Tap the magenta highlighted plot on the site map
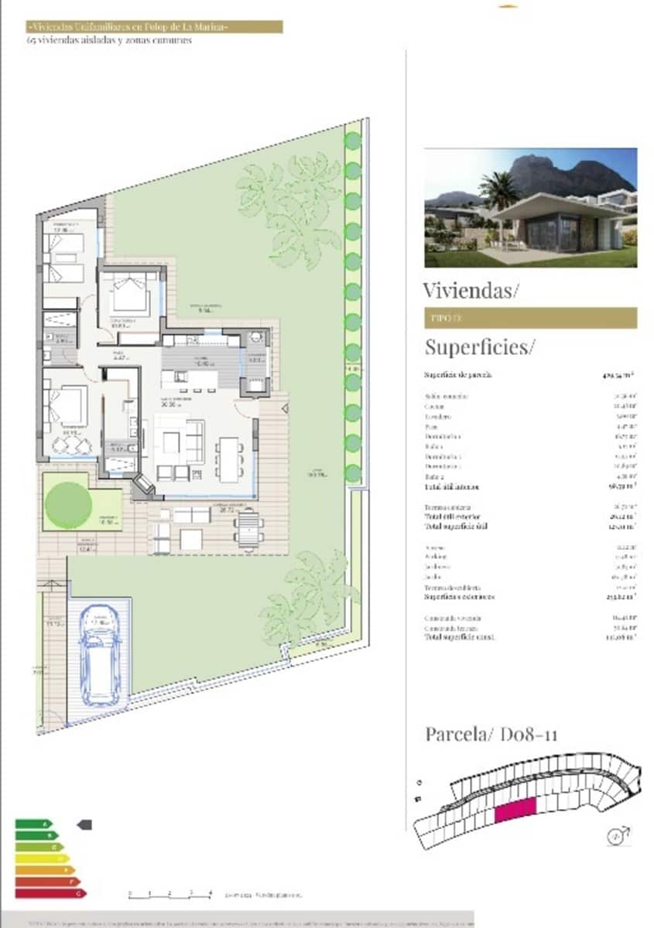click(x=515, y=810)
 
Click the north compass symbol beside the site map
click(x=617, y=834)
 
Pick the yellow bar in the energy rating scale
click(x=43, y=858)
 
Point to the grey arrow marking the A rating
click(x=84, y=824)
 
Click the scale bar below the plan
click(x=170, y=894)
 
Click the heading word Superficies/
click(x=479, y=346)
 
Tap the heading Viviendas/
click(x=471, y=290)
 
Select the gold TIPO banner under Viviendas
click(x=530, y=318)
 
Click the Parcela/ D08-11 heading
click(x=491, y=733)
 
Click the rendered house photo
click(x=530, y=207)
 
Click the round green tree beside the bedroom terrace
click(x=68, y=504)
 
